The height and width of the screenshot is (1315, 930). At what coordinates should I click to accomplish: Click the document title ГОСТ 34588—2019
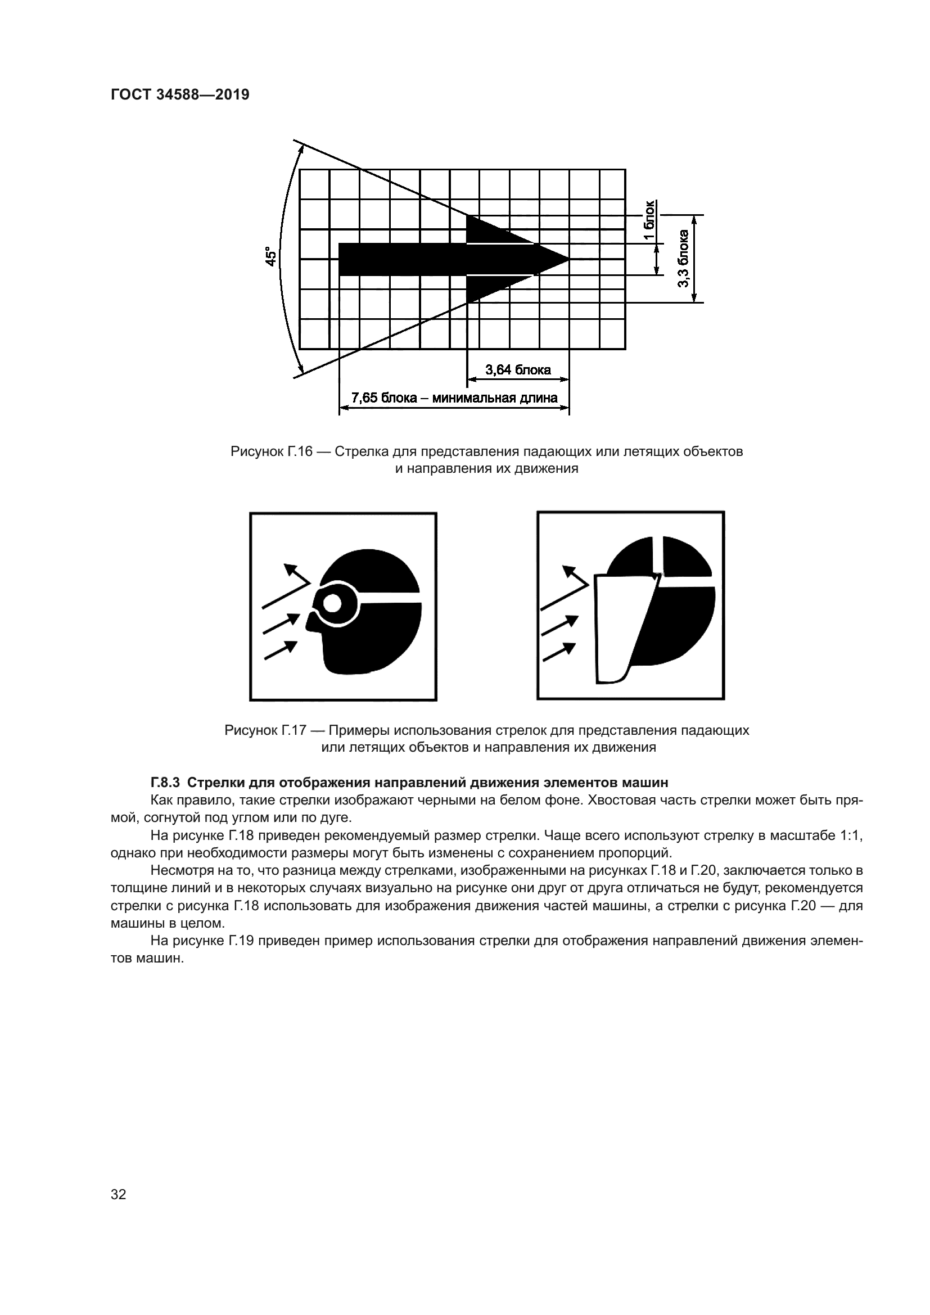click(180, 95)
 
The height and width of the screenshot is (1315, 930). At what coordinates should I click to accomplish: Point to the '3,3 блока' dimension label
click(683, 259)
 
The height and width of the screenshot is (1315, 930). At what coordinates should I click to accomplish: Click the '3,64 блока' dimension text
click(518, 370)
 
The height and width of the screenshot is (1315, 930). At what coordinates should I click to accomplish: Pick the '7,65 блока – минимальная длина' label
click(454, 397)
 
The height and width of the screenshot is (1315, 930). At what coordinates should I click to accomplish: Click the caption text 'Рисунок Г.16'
click(272, 451)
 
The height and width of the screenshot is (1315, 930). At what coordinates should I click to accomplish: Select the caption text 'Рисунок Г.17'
click(266, 730)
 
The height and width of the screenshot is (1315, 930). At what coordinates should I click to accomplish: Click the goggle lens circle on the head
click(332, 604)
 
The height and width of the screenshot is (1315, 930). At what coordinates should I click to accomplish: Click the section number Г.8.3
click(165, 782)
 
